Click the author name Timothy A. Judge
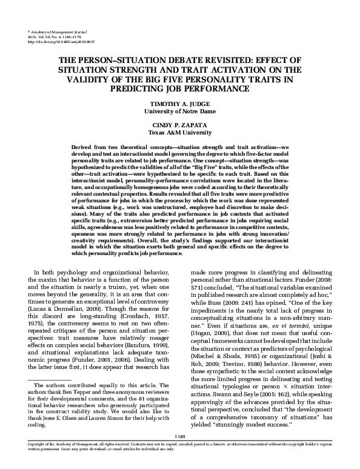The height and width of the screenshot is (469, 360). pos(179,104)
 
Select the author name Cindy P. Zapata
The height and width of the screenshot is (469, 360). pos(179,125)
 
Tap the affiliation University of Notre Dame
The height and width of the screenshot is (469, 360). pos(179,111)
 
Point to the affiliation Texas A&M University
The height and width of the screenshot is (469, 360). pos(179,132)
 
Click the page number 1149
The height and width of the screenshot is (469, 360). pos(179,453)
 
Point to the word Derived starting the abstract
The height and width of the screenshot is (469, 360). pos(82,148)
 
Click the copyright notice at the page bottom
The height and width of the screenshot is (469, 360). pos(179,461)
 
